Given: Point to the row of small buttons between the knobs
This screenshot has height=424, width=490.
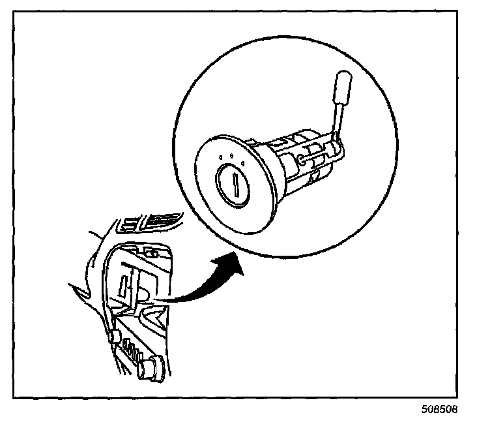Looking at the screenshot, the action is (x=133, y=353).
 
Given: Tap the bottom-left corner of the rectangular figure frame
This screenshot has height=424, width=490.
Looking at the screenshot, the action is (x=14, y=397).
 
